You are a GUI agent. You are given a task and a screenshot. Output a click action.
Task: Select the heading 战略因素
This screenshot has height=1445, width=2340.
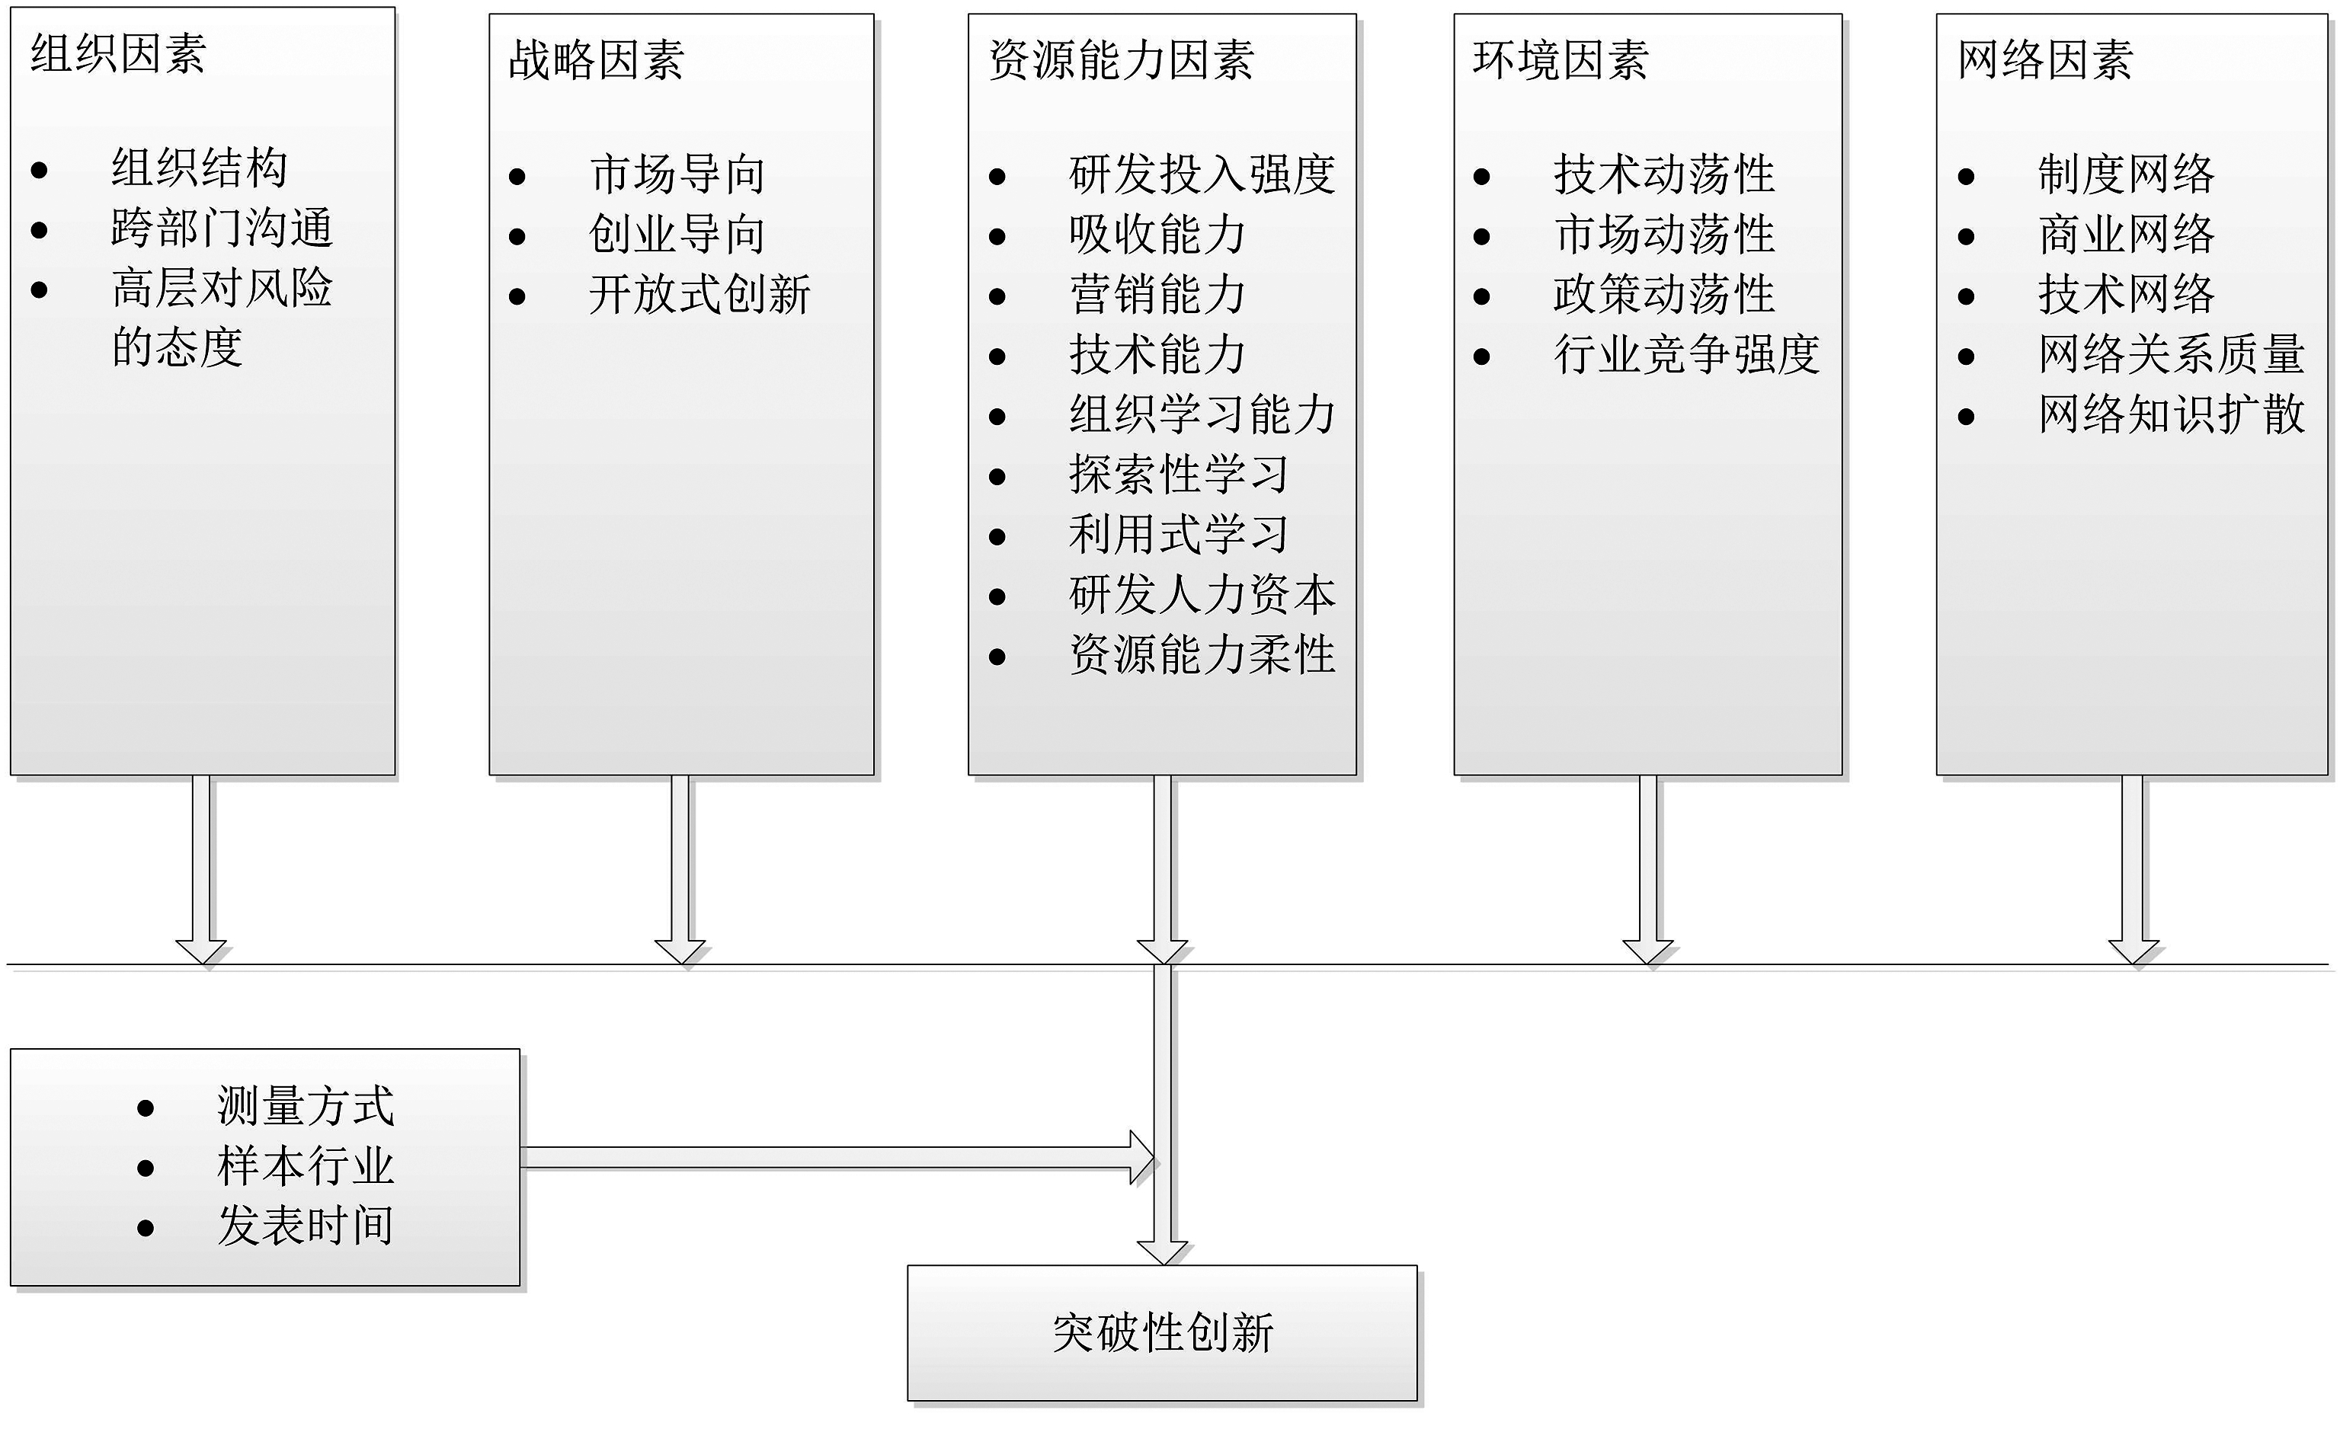click(x=596, y=60)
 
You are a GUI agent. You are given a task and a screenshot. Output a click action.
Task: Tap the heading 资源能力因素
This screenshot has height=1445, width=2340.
click(x=1120, y=60)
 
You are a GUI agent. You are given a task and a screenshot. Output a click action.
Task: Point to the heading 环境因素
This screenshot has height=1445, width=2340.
click(x=1560, y=60)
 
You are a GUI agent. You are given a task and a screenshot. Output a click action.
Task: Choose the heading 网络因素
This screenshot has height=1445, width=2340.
click(x=2044, y=60)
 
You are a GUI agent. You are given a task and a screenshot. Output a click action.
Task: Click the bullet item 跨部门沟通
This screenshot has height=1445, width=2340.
click(x=222, y=229)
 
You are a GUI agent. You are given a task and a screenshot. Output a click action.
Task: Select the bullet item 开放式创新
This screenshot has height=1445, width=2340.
click(x=699, y=294)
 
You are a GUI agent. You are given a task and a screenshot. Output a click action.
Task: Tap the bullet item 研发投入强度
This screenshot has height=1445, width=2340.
click(x=1202, y=175)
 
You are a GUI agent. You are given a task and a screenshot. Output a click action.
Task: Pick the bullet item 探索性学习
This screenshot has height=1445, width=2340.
click(x=1179, y=475)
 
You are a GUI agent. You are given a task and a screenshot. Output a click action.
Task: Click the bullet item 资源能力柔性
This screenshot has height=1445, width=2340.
click(x=1202, y=656)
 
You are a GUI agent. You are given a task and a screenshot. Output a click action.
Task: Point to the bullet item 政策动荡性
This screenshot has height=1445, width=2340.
click(x=1663, y=294)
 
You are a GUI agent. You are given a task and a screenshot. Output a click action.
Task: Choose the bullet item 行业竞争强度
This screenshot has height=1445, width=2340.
click(x=1686, y=354)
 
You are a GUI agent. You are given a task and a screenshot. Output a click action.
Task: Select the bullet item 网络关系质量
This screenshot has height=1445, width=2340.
click(x=2171, y=354)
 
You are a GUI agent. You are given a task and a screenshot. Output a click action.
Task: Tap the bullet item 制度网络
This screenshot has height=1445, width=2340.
click(x=2126, y=175)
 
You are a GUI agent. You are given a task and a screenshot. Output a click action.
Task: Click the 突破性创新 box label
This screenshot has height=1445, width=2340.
click(x=1162, y=1333)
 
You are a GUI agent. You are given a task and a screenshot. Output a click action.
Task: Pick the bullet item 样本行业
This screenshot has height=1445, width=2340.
click(x=305, y=1166)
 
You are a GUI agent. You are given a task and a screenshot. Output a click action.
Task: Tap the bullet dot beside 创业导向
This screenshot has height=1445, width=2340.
click(x=517, y=236)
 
